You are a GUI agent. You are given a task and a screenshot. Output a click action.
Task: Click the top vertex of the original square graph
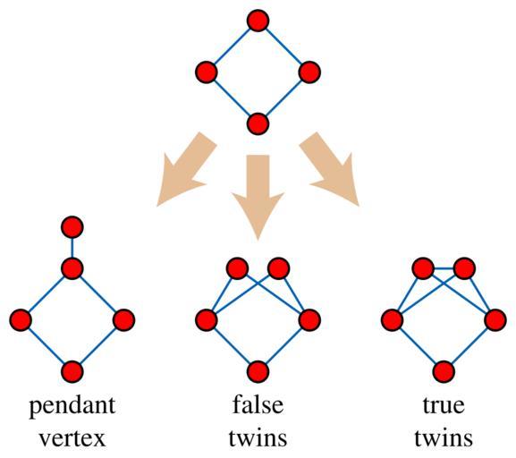click(x=258, y=21)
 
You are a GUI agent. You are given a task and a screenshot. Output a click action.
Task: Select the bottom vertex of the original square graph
click(x=258, y=123)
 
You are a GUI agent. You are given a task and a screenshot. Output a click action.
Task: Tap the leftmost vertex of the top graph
click(x=207, y=72)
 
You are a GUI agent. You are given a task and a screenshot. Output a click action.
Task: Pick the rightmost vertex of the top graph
click(x=309, y=72)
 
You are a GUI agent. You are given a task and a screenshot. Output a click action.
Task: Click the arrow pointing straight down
click(x=258, y=194)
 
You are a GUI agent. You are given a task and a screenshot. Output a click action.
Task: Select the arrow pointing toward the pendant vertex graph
click(x=186, y=168)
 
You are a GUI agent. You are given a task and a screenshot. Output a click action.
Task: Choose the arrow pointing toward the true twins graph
click(x=330, y=168)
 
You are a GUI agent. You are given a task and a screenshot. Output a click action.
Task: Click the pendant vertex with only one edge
click(x=72, y=227)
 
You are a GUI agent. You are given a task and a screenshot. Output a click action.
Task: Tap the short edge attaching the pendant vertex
click(x=72, y=248)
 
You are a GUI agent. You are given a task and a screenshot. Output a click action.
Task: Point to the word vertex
click(x=72, y=438)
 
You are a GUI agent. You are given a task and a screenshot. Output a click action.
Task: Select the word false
click(x=258, y=404)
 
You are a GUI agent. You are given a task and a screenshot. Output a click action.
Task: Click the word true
click(x=444, y=405)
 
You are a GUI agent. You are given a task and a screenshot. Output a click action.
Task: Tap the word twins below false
click(x=258, y=437)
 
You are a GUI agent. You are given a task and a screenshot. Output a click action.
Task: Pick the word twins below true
click(x=444, y=437)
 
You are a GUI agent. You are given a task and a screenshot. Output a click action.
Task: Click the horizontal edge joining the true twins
click(x=444, y=268)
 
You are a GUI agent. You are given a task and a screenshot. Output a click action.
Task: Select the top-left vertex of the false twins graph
click(x=237, y=268)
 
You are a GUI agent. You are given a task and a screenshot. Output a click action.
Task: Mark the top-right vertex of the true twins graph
click(x=464, y=268)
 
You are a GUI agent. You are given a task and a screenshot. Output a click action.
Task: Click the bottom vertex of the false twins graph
click(x=258, y=372)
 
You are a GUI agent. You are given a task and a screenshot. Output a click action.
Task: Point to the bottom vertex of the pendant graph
click(x=72, y=372)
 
